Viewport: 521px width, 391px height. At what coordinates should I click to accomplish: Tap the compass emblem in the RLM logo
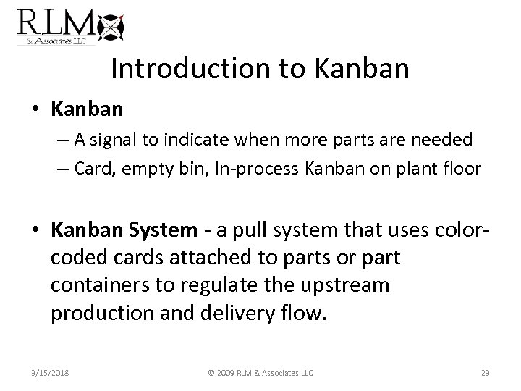111,27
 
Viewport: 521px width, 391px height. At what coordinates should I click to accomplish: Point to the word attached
198,258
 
